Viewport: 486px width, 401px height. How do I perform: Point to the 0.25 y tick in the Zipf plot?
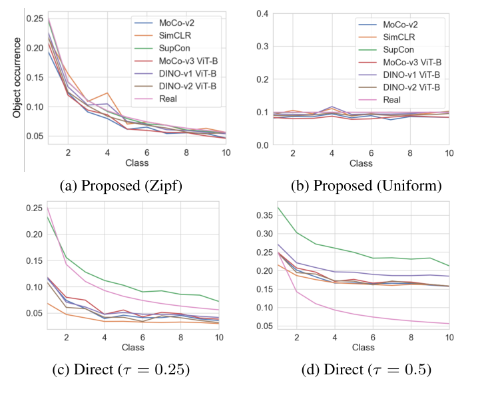click(33, 17)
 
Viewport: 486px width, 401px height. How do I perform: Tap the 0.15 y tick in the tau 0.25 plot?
click(33, 260)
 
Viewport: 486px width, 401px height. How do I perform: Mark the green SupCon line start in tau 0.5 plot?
click(276, 207)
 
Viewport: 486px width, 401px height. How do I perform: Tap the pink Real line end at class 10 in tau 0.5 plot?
click(449, 324)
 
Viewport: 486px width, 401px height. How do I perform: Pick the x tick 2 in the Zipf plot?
click(67, 153)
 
